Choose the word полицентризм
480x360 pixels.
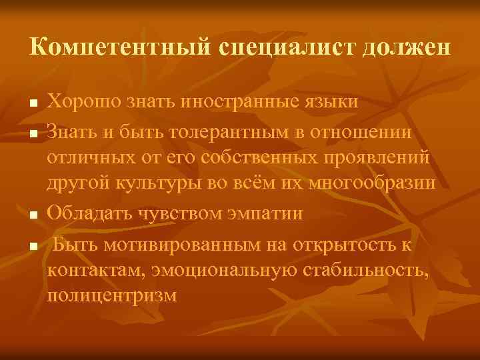(x=112, y=295)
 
